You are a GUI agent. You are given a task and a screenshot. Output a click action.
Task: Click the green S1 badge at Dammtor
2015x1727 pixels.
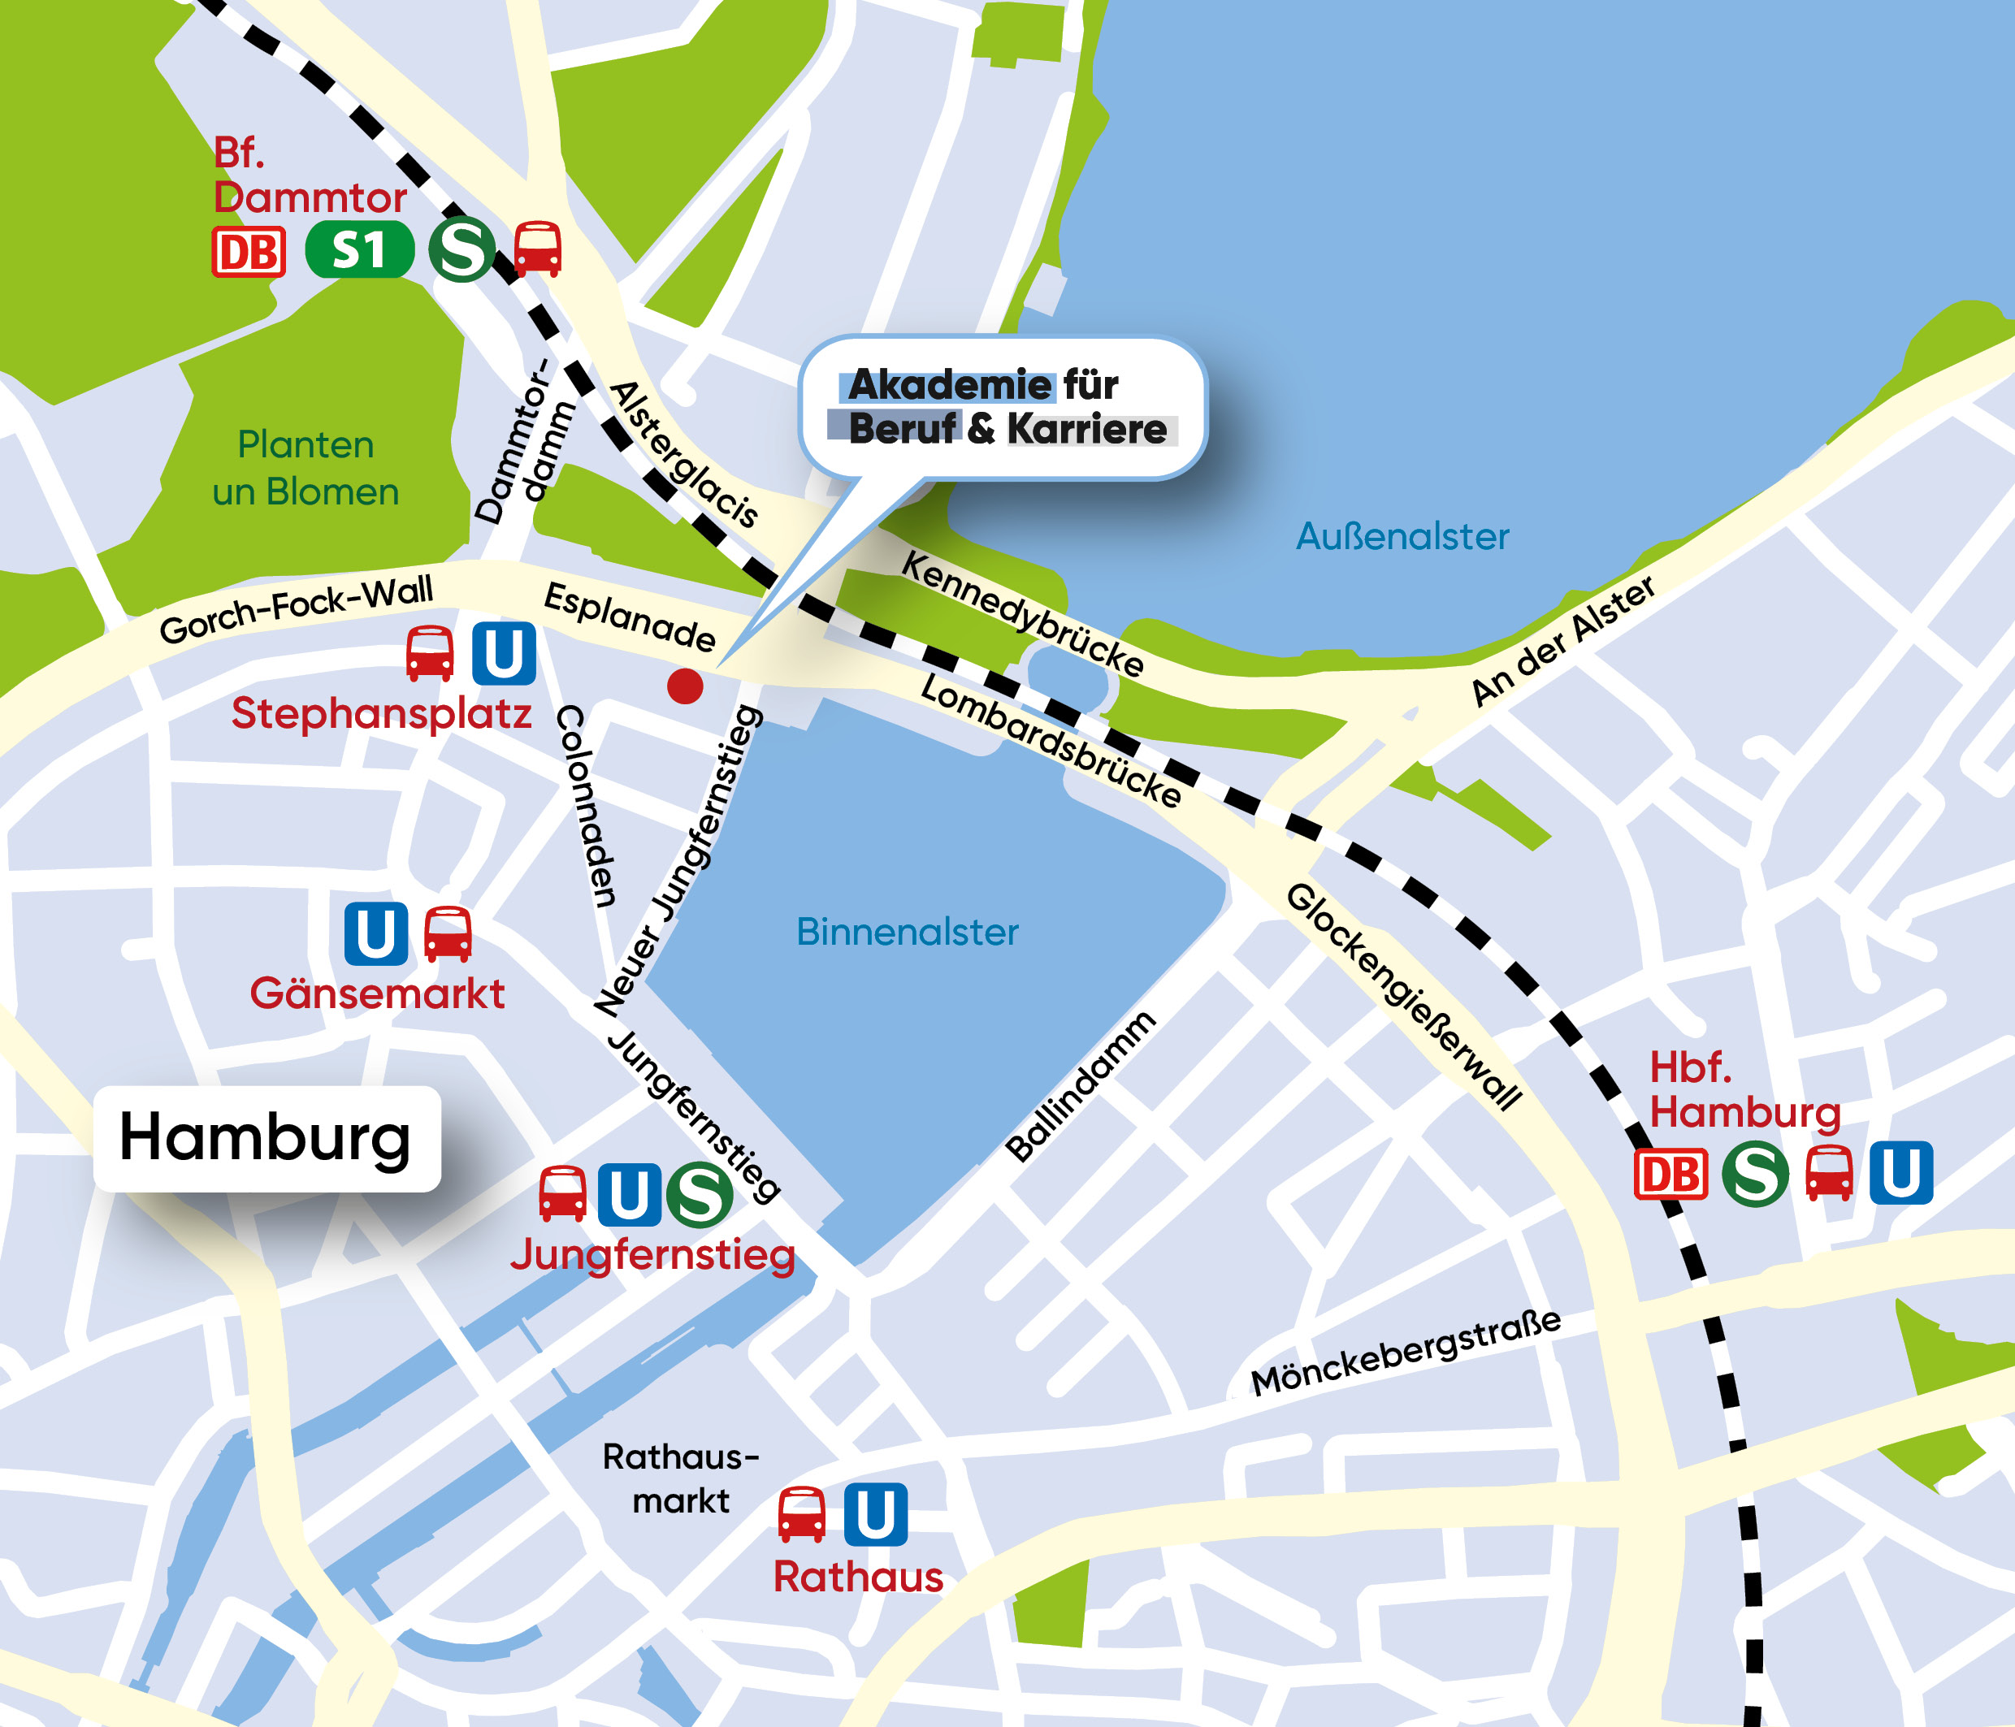[359, 251]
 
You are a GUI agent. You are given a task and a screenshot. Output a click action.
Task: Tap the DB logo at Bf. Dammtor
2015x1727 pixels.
[249, 253]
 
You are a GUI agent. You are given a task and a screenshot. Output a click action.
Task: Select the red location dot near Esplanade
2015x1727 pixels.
[685, 686]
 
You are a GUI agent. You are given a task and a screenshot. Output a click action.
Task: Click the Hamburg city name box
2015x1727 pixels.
[266, 1138]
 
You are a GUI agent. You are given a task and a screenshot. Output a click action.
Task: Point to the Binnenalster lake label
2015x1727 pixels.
[907, 932]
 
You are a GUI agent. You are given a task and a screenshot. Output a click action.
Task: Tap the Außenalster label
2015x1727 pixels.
[1402, 536]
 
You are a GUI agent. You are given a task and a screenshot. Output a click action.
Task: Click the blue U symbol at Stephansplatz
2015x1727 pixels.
[504, 653]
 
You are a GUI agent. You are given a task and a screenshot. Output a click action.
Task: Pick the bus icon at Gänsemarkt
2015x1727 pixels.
[448, 934]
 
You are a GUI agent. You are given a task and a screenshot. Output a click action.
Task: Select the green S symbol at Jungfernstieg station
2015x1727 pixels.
[700, 1195]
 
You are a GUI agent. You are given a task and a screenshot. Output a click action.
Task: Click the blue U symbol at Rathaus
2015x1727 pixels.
[875, 1515]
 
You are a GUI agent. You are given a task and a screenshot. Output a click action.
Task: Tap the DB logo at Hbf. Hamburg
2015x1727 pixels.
[1670, 1175]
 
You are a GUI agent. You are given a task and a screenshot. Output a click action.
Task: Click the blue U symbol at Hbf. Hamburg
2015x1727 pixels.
[1900, 1173]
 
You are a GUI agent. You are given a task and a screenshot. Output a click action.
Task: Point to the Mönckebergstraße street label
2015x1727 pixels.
[1406, 1353]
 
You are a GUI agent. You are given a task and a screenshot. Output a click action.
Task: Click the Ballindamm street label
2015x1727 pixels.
[1081, 1086]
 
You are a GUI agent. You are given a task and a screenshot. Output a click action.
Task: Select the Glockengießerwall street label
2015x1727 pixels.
[1403, 997]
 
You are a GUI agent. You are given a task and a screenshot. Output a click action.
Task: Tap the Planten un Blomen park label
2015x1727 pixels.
[305, 468]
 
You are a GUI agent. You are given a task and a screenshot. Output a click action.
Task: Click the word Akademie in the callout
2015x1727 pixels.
[950, 385]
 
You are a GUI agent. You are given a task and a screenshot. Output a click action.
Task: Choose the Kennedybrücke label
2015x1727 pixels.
[1022, 613]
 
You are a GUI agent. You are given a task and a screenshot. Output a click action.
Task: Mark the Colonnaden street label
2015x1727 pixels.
[586, 805]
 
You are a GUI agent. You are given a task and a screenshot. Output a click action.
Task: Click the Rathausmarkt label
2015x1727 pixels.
[680, 1478]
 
